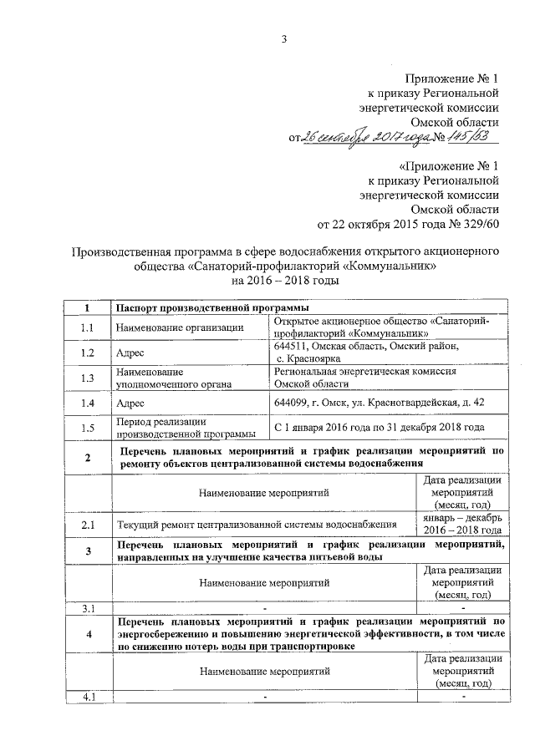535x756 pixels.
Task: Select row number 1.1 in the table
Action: tap(88, 327)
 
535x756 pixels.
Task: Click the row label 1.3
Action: tap(88, 378)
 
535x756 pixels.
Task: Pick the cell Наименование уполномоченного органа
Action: tap(173, 378)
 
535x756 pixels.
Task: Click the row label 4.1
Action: tap(88, 697)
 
